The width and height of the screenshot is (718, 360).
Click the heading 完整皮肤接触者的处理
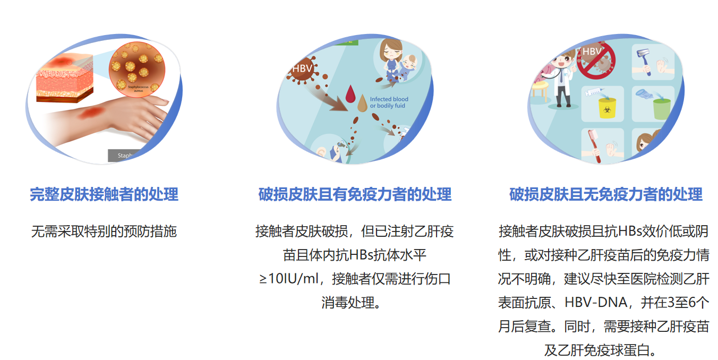click(104, 194)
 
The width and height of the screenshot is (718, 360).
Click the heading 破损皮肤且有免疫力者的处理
click(355, 194)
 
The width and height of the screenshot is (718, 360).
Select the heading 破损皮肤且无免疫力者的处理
click(606, 194)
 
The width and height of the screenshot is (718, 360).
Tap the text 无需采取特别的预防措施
click(104, 232)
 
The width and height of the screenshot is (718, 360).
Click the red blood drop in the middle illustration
click(351, 93)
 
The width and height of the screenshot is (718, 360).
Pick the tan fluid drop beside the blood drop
click(362, 103)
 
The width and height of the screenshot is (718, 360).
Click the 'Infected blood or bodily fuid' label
click(389, 102)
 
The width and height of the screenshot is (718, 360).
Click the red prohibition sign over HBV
click(596, 60)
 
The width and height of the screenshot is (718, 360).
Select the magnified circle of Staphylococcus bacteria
click(137, 69)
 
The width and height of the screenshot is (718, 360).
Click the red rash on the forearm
click(92, 113)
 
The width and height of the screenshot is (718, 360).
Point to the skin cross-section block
click(65, 79)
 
